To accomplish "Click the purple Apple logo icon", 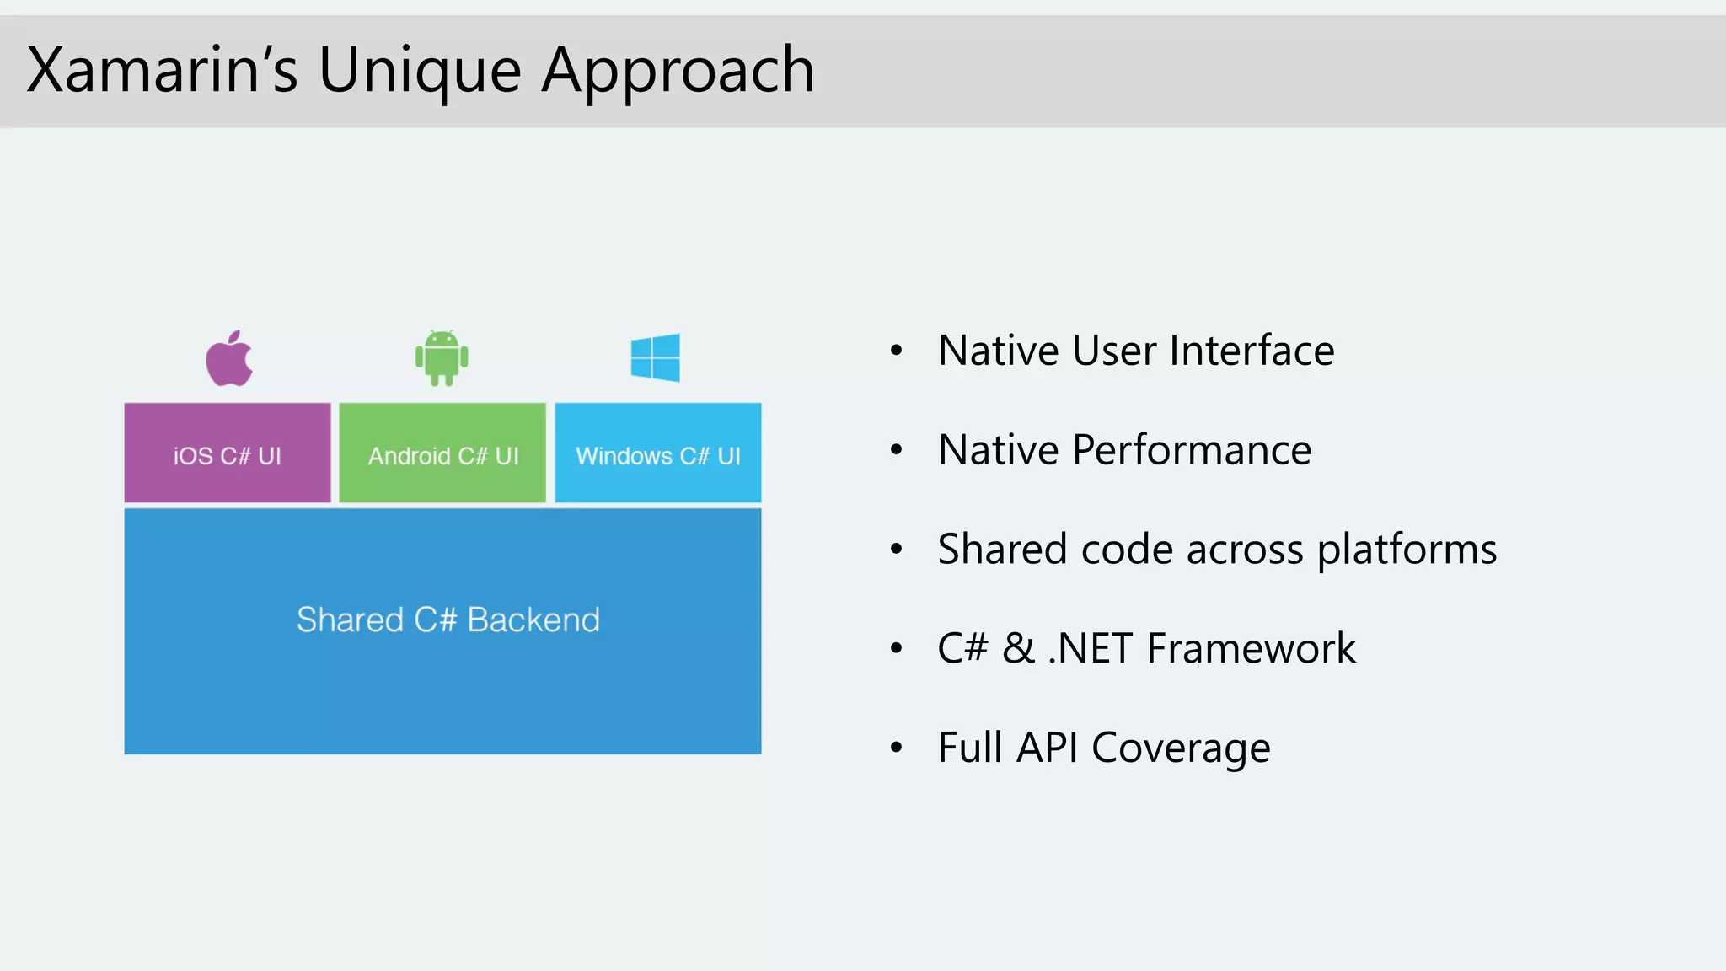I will [229, 360].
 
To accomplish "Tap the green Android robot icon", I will [442, 358].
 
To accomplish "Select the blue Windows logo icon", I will [655, 357].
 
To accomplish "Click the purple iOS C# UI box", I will [228, 453].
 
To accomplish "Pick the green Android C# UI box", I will [442, 453].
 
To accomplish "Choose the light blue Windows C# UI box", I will [658, 453].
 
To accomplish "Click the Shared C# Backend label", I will [448, 620].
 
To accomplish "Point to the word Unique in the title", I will [420, 71].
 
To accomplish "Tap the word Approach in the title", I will [678, 71].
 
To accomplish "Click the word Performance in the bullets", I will [1192, 450].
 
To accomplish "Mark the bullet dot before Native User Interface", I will [897, 351].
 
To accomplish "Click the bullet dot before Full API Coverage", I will [897, 748].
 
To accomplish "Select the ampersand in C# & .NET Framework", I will [1018, 649].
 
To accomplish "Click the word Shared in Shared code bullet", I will [1002, 550].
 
